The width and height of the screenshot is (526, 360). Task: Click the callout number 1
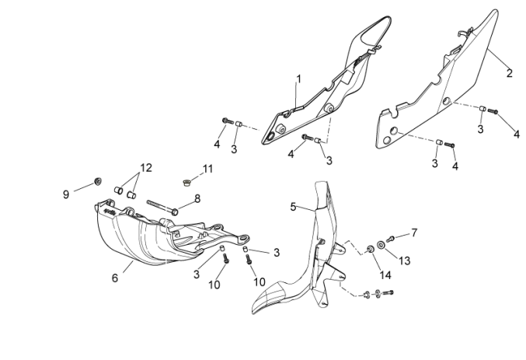(x=298, y=79)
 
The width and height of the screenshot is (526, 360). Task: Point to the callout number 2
(x=509, y=74)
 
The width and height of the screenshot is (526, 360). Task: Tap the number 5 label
(x=293, y=207)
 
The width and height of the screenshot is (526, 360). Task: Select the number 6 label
(x=115, y=278)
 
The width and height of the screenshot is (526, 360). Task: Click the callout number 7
(x=414, y=232)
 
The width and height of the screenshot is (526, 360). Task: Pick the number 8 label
(x=197, y=199)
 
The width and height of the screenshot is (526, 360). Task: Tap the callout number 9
(x=66, y=194)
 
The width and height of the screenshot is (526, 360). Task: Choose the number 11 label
(x=207, y=169)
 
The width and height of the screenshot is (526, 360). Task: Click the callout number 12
(x=147, y=167)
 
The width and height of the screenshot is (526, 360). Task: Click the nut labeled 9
(x=97, y=182)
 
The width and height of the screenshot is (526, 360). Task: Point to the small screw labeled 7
(x=391, y=236)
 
